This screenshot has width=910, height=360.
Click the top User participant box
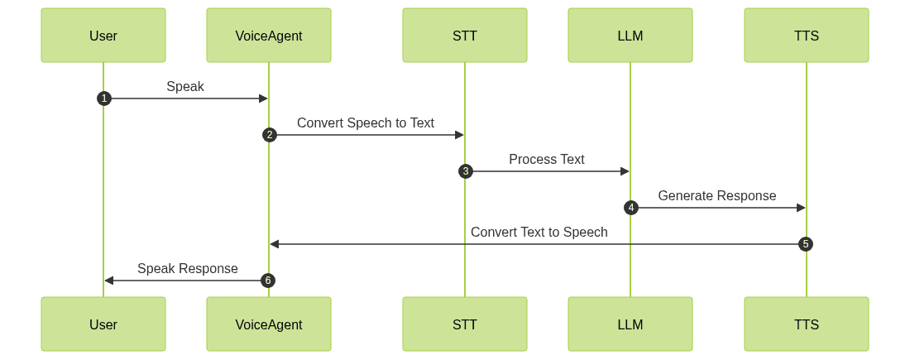(103, 36)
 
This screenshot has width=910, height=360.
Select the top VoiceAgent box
(269, 36)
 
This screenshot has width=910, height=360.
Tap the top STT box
(465, 36)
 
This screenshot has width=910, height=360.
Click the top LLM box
(630, 36)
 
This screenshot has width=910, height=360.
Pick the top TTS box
(807, 36)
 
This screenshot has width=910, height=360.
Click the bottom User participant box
(103, 324)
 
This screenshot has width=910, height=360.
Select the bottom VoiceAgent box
(269, 324)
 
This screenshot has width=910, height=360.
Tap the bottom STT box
(465, 324)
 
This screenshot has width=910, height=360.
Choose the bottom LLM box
(630, 324)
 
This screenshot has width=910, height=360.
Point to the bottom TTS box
(807, 324)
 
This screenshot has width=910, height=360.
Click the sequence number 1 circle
(103, 98)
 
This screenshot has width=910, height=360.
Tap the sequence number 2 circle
(269, 135)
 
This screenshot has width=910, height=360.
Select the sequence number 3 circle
(465, 171)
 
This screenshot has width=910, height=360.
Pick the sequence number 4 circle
(630, 208)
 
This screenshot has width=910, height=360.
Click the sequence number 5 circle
(807, 244)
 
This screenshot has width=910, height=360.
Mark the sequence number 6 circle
(267, 281)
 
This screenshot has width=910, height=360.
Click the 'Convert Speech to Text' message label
(366, 122)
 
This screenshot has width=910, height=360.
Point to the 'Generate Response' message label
(717, 195)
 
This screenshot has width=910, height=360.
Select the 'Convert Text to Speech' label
(539, 232)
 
